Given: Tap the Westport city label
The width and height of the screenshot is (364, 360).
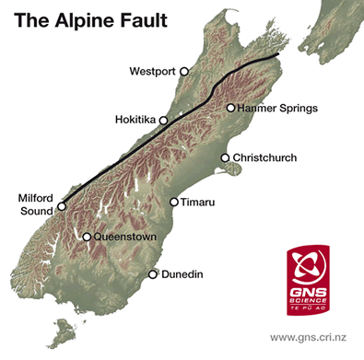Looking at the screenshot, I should coord(153,71).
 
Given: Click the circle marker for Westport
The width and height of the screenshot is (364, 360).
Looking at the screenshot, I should coord(184,71).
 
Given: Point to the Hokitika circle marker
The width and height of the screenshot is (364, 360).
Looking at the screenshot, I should coord(164,121).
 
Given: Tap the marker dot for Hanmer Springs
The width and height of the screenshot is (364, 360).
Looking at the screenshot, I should coord(230,108).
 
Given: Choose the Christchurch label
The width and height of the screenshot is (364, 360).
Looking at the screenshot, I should coord(265,158).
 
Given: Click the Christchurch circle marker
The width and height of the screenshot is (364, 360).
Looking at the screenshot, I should coord(224,158).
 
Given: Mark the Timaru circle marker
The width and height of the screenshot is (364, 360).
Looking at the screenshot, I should coord(174,202).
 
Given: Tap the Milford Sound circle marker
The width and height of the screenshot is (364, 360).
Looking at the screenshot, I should coord(62,206).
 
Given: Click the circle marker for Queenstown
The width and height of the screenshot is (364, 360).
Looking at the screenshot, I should coord(87,238).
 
